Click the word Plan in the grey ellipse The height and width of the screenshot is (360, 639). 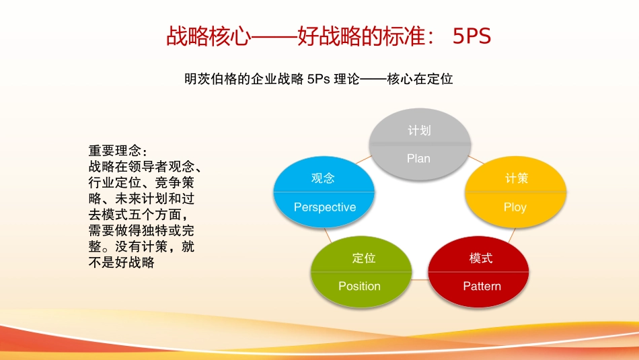click(x=418, y=159)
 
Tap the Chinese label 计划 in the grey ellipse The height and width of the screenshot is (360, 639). click(x=419, y=131)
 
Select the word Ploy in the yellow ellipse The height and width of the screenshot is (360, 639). click(x=515, y=207)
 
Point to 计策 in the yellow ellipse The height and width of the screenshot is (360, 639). click(x=517, y=178)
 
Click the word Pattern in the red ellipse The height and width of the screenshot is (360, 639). click(x=482, y=286)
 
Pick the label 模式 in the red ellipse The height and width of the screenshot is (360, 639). click(x=481, y=258)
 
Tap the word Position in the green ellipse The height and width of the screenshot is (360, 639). click(x=359, y=286)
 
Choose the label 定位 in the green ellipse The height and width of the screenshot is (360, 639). click(x=364, y=258)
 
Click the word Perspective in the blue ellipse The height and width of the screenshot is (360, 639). click(x=325, y=207)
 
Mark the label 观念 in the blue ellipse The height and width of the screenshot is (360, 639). click(x=323, y=178)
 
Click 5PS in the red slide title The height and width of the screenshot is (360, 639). click(x=472, y=36)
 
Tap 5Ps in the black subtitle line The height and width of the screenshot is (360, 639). click(x=318, y=79)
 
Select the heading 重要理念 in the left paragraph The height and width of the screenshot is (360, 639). click(x=115, y=151)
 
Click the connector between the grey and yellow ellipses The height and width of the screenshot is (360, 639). click(x=476, y=160)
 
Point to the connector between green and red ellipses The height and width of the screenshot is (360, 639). click(x=420, y=280)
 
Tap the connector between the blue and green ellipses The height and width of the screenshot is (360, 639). click(x=328, y=236)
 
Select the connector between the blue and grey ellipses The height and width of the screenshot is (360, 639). click(x=364, y=159)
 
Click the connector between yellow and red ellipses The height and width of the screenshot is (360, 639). click(x=512, y=236)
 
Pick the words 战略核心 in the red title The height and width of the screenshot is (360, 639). click(x=209, y=36)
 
